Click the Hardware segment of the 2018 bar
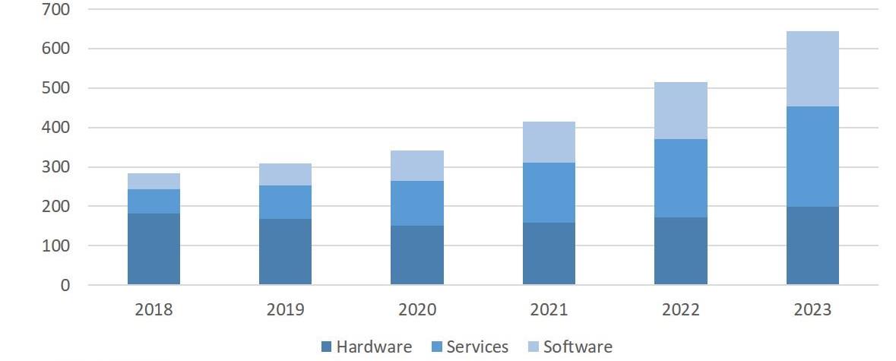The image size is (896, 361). (154, 249)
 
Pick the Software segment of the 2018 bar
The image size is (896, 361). (154, 181)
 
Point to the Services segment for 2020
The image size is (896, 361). (417, 203)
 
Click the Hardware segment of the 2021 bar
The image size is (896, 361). (549, 254)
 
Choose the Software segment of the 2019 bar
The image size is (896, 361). (285, 174)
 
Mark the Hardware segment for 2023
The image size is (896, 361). (812, 245)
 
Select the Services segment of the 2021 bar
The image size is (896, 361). (549, 192)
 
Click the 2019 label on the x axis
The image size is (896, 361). (285, 310)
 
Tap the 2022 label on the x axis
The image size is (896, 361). (680, 310)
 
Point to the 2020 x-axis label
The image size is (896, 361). (417, 310)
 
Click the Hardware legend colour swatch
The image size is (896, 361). (326, 347)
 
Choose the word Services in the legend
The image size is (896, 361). (477, 347)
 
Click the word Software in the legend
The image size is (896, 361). (578, 347)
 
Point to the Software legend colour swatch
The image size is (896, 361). (533, 347)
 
